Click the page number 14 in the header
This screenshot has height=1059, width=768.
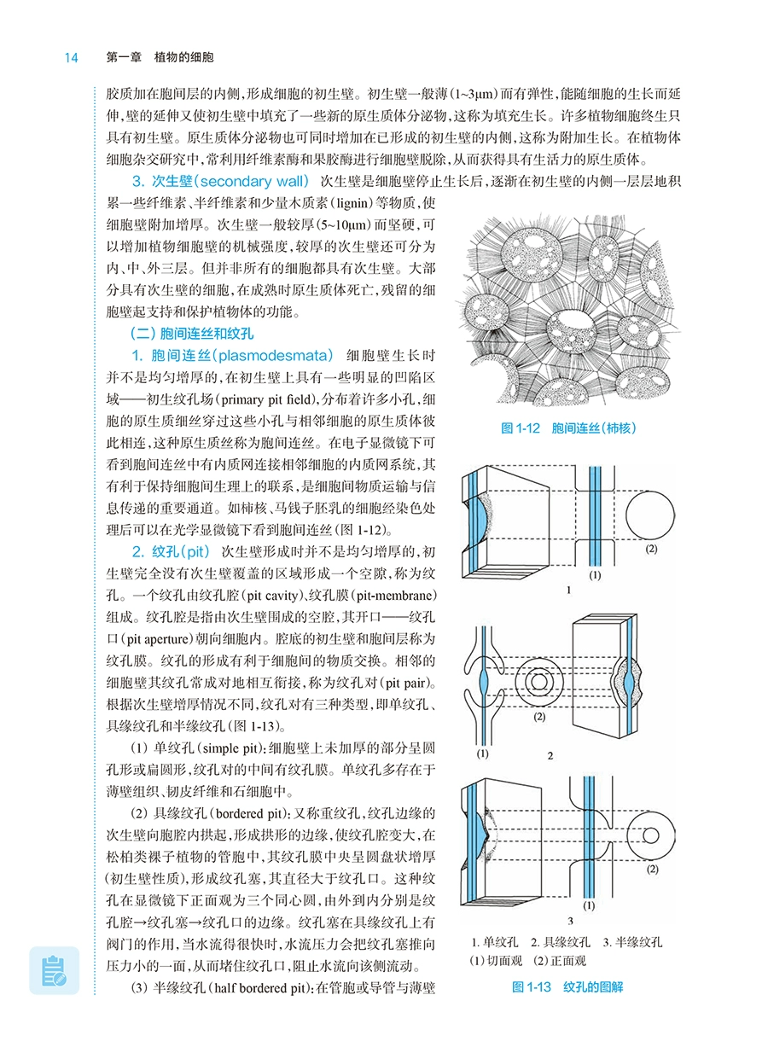coord(71,58)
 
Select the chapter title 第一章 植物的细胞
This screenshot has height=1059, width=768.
coord(160,58)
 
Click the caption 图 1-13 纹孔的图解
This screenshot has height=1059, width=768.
coord(567,987)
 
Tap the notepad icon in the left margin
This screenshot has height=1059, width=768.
coord(54,969)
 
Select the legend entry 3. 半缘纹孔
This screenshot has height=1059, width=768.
coord(632,942)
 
